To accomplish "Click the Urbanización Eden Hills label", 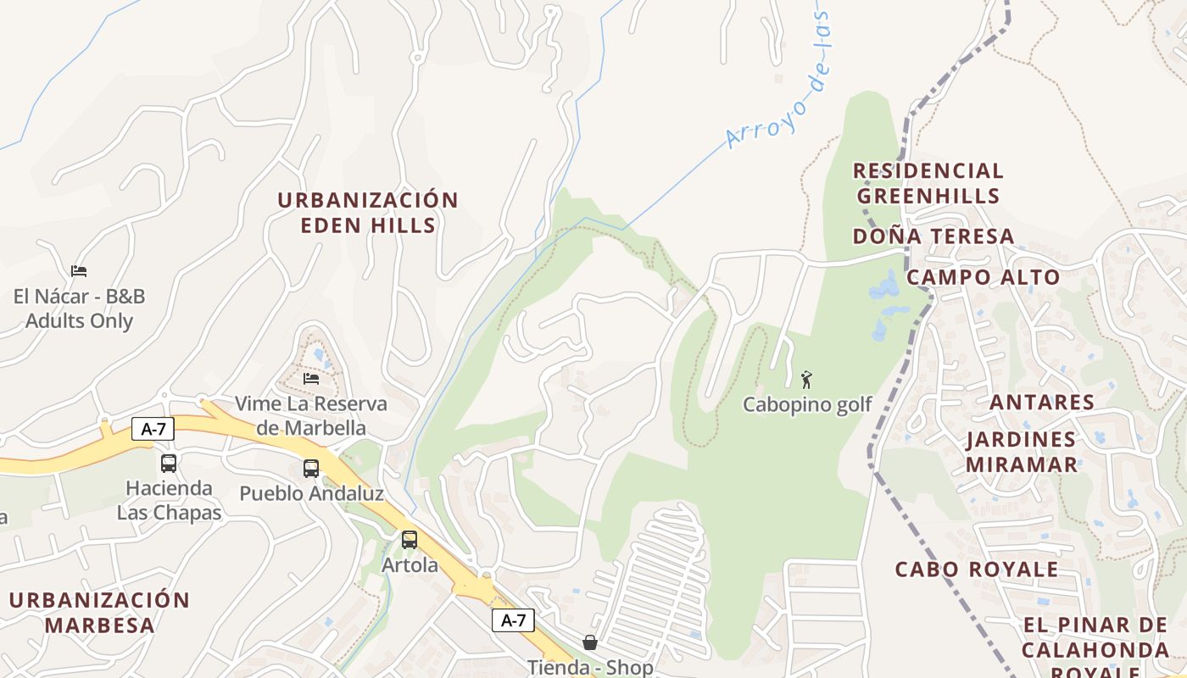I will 368,213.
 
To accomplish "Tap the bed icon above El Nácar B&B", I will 79,271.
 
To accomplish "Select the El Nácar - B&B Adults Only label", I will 79,308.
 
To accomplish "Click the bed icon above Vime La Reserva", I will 311,378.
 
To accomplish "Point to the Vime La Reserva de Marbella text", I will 311,415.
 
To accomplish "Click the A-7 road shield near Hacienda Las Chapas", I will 153,429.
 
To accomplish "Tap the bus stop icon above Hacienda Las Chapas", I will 169,464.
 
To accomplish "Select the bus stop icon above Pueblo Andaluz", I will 311,469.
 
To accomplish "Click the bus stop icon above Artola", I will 410,540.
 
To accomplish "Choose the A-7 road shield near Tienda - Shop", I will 514,620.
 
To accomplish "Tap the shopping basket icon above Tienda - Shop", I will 590,642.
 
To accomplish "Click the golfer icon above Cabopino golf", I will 806,379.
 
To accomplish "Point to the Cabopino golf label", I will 807,404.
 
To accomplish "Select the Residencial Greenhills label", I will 928,183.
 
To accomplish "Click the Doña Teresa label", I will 933,236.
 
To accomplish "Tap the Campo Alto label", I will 984,277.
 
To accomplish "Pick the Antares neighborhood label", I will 1042,402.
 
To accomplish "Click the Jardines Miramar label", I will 1022,452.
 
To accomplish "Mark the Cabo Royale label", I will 977,569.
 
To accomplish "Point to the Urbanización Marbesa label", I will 100,613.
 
